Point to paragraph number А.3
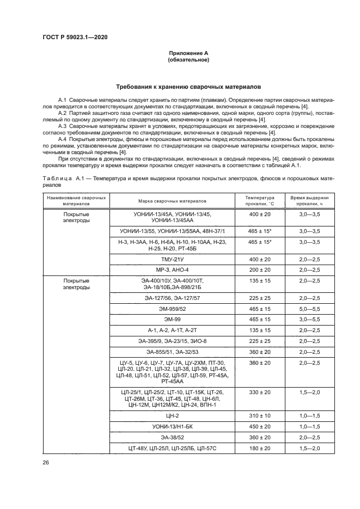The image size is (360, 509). point(63,126)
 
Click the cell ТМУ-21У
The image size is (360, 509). point(172,259)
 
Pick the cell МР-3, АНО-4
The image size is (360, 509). point(172,269)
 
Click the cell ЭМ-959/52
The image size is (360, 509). point(172,309)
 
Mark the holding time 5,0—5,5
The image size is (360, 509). point(309,309)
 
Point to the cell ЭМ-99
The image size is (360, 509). point(172,319)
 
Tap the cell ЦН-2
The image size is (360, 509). point(172,416)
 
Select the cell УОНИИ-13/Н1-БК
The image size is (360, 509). point(172,426)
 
